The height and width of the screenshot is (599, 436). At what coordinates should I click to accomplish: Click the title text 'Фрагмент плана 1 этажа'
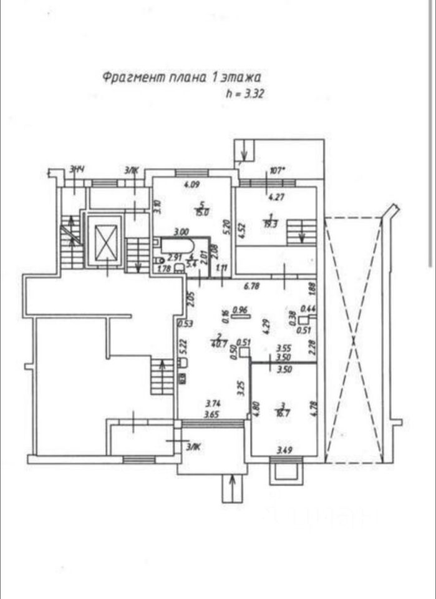[x=181, y=77]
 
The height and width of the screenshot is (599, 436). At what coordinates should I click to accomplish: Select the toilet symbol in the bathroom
[x=158, y=260]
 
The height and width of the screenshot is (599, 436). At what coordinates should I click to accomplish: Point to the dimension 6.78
[x=250, y=287]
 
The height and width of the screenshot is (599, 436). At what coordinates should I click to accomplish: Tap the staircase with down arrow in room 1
[x=299, y=231]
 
